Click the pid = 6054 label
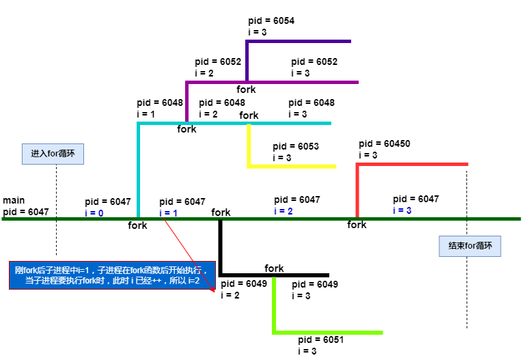[271, 20]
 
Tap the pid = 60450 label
[385, 144]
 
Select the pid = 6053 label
[296, 147]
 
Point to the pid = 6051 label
[321, 340]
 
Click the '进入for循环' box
[52, 154]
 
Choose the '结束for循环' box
[470, 246]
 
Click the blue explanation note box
[111, 275]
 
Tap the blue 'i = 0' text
[94, 213]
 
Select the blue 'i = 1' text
[169, 213]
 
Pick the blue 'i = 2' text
[284, 211]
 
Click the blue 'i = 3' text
[402, 210]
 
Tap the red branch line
[412, 164]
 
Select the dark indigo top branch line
[298, 42]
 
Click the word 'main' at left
[14, 200]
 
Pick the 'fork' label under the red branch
[357, 225]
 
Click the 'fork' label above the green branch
[274, 268]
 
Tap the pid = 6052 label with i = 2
[218, 61]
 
